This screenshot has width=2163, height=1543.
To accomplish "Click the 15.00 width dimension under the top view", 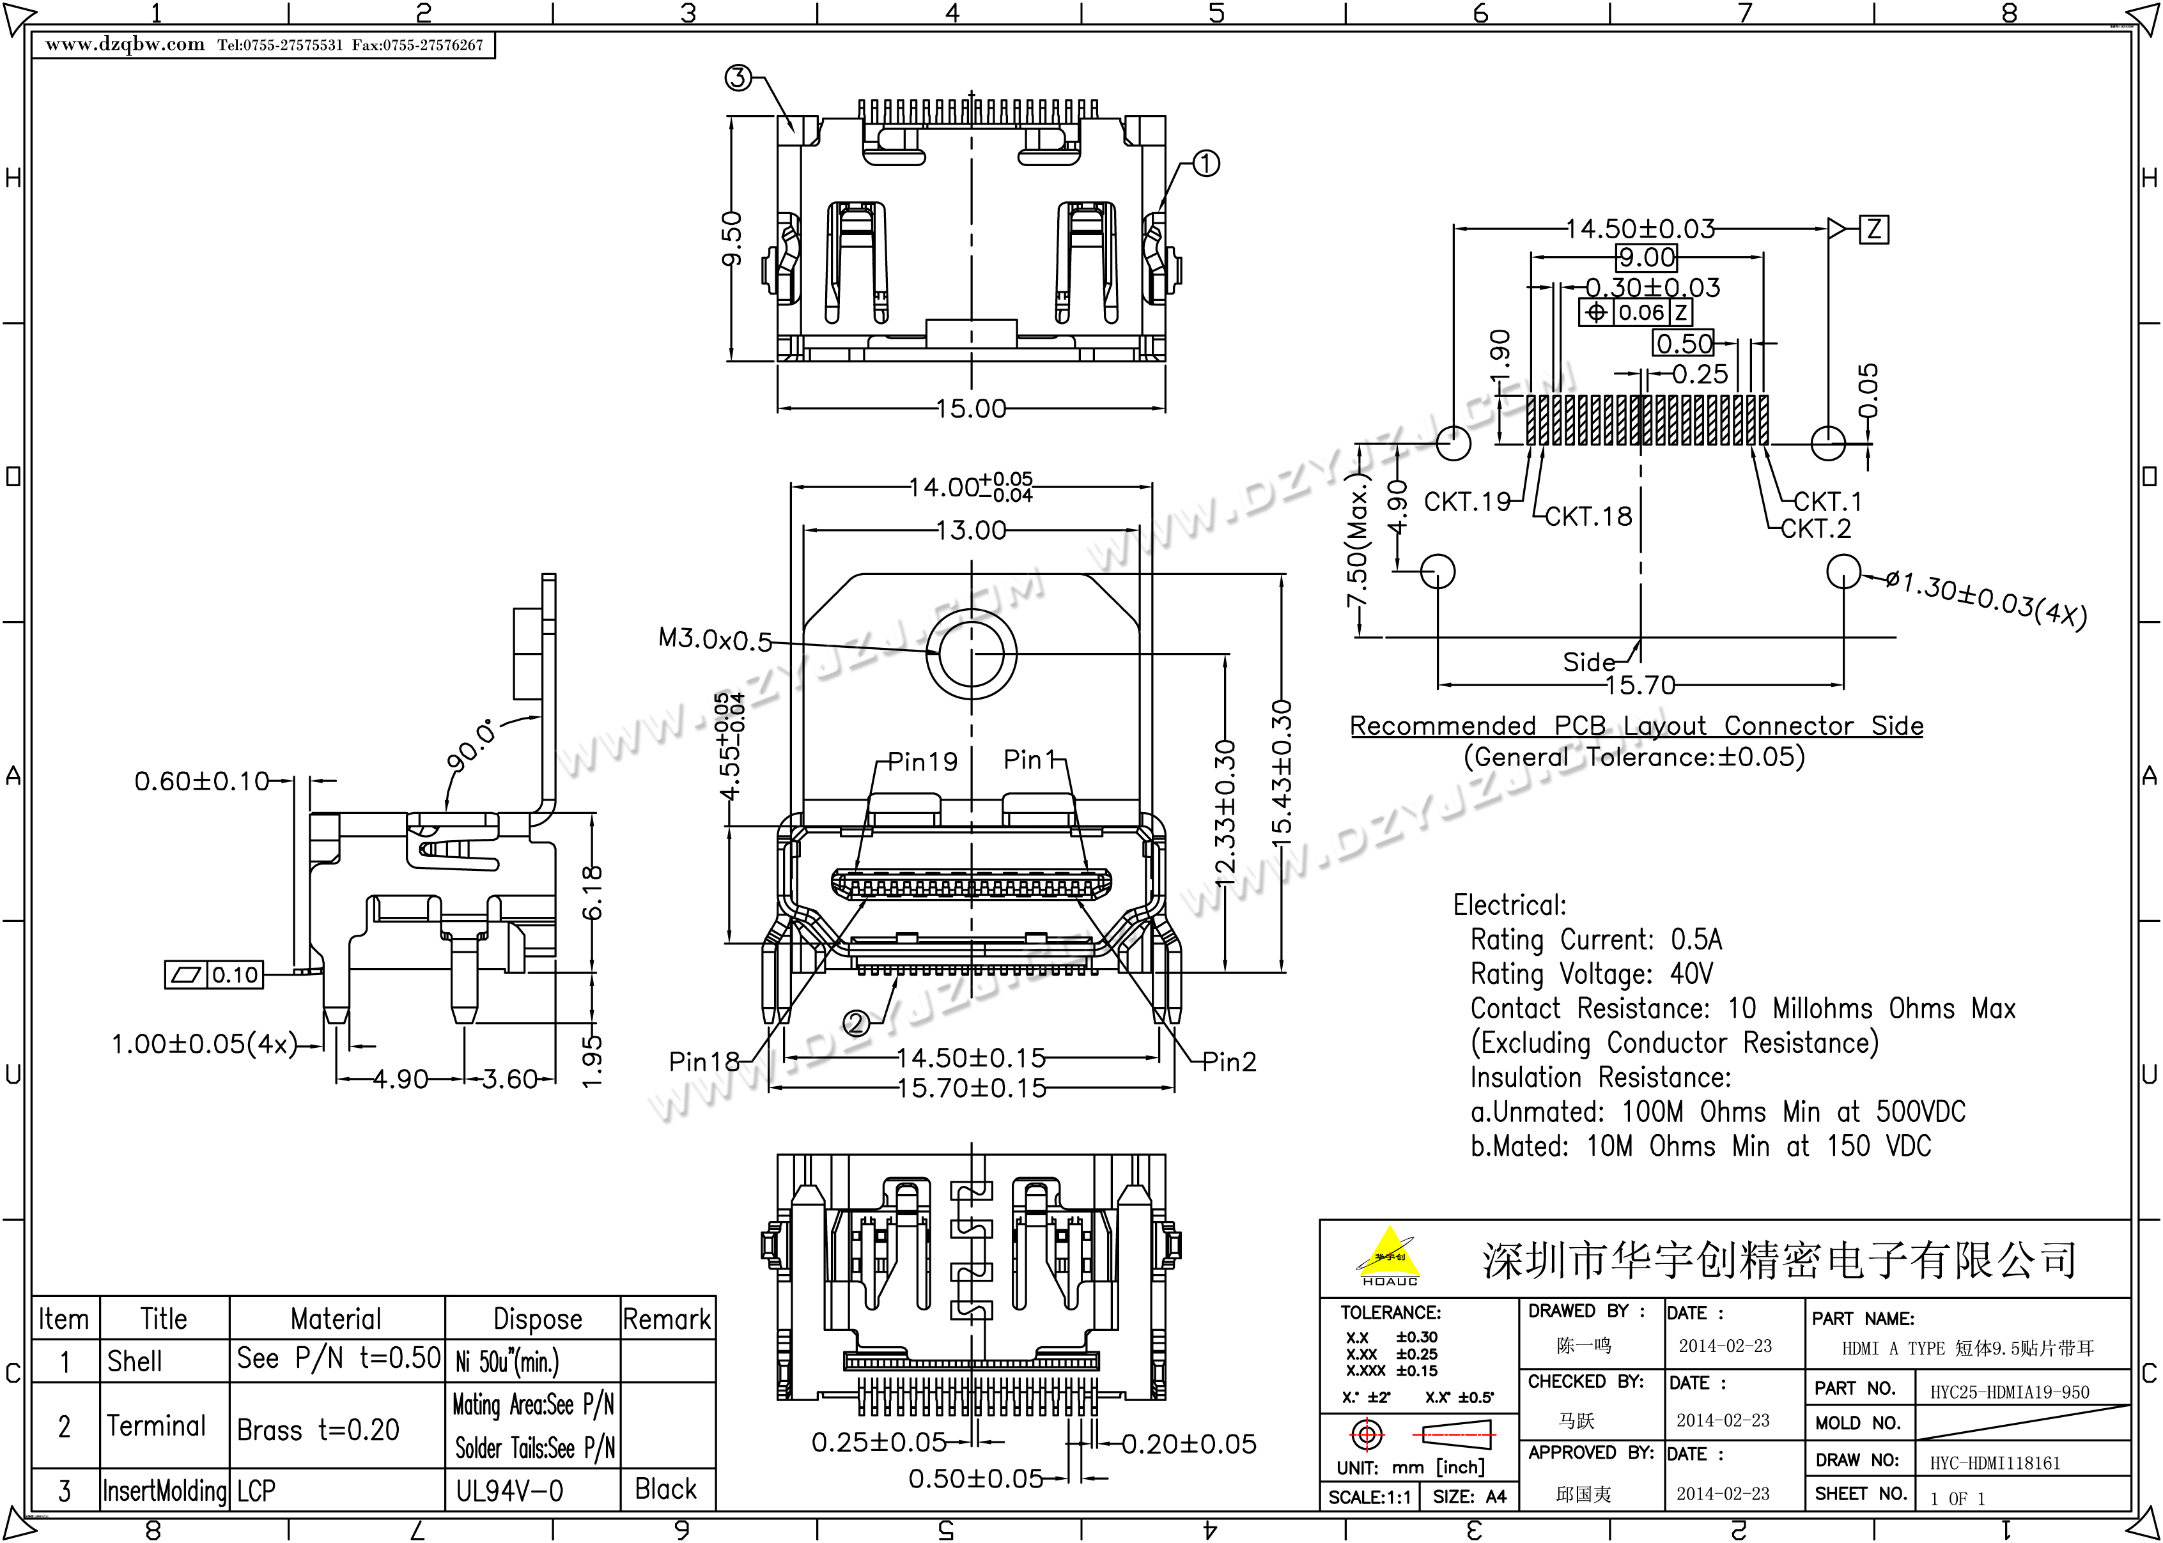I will tap(970, 408).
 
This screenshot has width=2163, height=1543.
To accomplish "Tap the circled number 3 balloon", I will tap(738, 78).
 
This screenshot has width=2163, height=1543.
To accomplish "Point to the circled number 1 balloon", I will tap(1205, 164).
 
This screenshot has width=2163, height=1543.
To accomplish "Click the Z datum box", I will tap(1873, 229).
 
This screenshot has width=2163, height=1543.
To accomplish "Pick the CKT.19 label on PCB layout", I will tap(1466, 502).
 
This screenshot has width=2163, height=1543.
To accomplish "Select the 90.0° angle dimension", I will tap(471, 745).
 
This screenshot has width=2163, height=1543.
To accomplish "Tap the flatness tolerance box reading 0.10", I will tap(215, 975).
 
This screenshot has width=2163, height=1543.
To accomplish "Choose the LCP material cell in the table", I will tap(256, 1491).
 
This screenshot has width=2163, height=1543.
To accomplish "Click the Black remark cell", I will tap(665, 1489).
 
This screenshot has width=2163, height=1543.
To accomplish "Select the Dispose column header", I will tap(537, 1319).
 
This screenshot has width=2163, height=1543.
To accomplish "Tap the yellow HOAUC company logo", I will tap(1390, 1254).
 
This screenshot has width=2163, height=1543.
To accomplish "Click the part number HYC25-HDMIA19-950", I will tap(2009, 1393).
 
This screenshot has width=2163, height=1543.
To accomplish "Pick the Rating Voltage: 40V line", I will tap(1591, 974).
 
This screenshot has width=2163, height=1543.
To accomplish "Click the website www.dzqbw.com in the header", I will tap(125, 45).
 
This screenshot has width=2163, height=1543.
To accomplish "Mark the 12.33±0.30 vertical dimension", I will tap(1225, 812).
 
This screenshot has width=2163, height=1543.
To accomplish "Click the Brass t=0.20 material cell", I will tap(318, 1429).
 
